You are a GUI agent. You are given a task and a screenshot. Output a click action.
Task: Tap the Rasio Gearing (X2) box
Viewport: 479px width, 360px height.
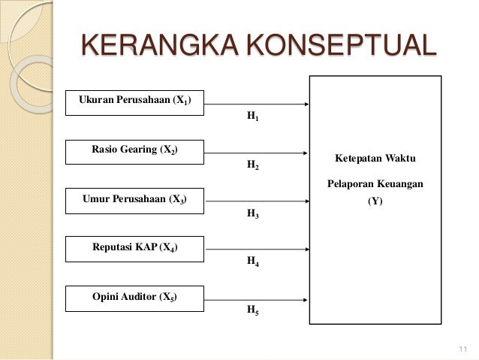pyautogui.click(x=134, y=150)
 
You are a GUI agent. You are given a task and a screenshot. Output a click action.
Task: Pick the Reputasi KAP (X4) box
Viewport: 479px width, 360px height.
pyautogui.click(x=134, y=247)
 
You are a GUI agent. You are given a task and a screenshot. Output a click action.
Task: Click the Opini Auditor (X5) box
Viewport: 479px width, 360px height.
pyautogui.click(x=134, y=297)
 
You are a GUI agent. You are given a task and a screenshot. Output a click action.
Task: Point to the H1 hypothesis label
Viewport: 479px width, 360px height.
pyautogui.click(x=253, y=118)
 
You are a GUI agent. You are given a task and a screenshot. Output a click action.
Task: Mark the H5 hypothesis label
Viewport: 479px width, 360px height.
pyautogui.click(x=253, y=310)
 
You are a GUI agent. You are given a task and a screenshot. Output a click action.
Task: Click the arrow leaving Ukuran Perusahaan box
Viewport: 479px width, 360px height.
pyautogui.click(x=258, y=104)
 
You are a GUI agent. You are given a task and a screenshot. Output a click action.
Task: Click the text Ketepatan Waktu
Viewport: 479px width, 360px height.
pyautogui.click(x=373, y=159)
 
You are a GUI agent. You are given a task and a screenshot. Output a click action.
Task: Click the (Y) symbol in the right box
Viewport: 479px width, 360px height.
pyautogui.click(x=373, y=201)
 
